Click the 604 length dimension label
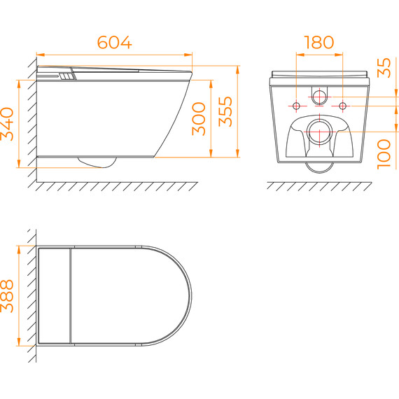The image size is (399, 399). [115, 42]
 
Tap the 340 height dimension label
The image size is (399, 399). [7, 124]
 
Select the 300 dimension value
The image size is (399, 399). [199, 118]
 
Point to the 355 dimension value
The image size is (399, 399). [225, 111]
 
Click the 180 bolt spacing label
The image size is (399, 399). [318, 42]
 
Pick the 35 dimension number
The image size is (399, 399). [384, 68]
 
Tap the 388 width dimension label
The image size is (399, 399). [7, 296]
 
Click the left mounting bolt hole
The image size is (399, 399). [296, 106]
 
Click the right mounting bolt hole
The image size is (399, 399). [342, 106]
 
